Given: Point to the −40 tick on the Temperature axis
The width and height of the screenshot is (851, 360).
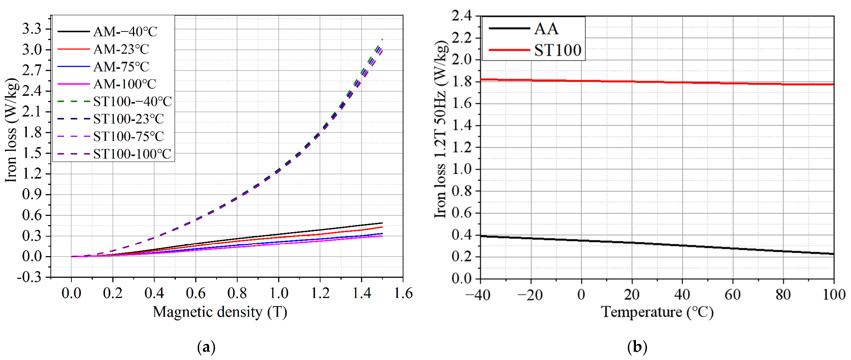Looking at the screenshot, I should pyautogui.click(x=478, y=295).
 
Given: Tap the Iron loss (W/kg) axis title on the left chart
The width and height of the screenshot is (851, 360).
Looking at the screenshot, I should pyautogui.click(x=11, y=130).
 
